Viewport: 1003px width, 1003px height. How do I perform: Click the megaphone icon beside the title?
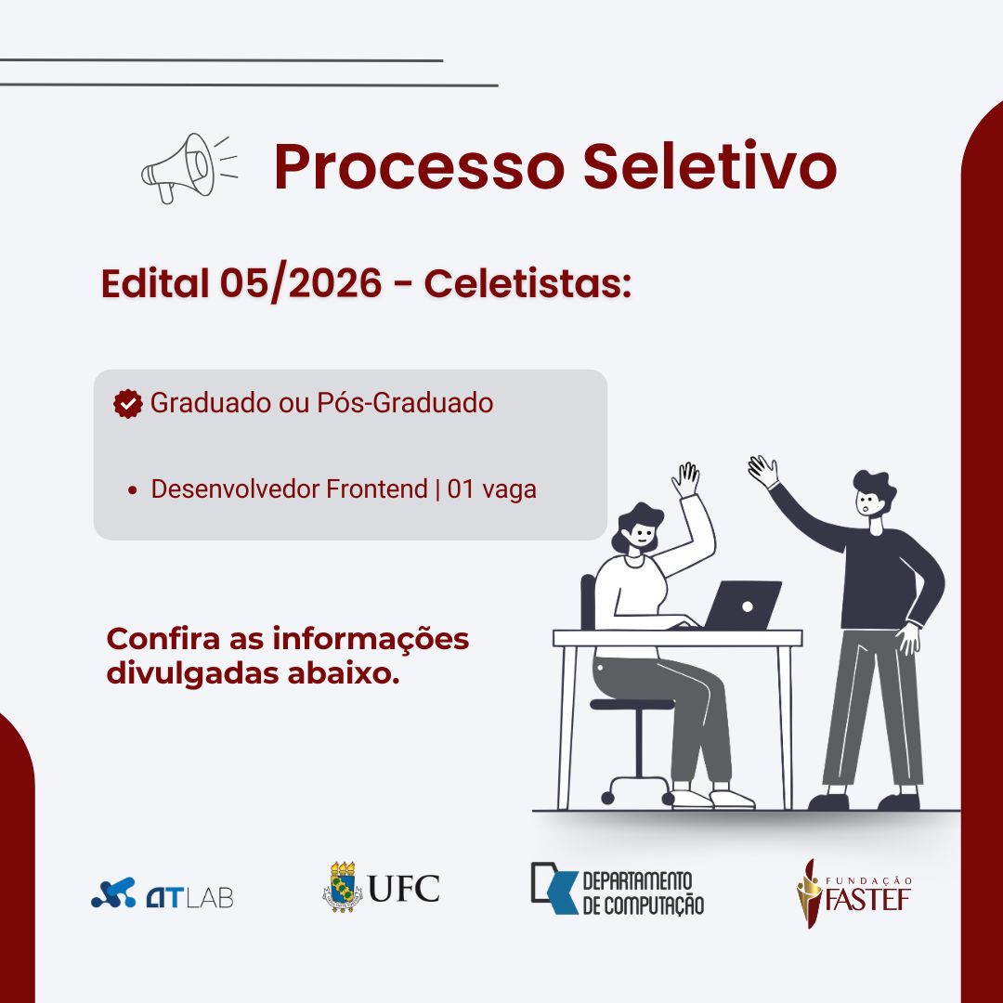(189, 168)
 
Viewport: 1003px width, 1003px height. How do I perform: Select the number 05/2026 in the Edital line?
(301, 283)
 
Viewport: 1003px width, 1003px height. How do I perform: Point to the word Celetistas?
(528, 282)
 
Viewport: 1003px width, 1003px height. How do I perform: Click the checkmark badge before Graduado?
(128, 404)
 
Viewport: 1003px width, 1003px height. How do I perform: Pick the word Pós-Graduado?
(405, 404)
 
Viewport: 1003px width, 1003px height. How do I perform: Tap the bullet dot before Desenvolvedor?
(133, 490)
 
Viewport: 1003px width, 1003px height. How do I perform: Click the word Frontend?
(377, 489)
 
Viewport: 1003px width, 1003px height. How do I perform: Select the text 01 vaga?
(492, 490)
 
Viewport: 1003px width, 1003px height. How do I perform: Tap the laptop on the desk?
(742, 606)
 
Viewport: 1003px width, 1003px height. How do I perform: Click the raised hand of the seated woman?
(685, 480)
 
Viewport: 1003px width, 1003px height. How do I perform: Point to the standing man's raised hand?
(763, 472)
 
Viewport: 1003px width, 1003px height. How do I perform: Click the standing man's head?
(874, 494)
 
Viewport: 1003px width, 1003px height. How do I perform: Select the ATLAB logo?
(163, 893)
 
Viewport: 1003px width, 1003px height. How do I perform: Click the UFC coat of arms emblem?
(342, 887)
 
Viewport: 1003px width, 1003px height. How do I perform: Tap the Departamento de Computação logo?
(618, 889)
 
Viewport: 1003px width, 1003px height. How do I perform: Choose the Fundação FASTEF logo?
(854, 893)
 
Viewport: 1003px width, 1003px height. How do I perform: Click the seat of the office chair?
(632, 704)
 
